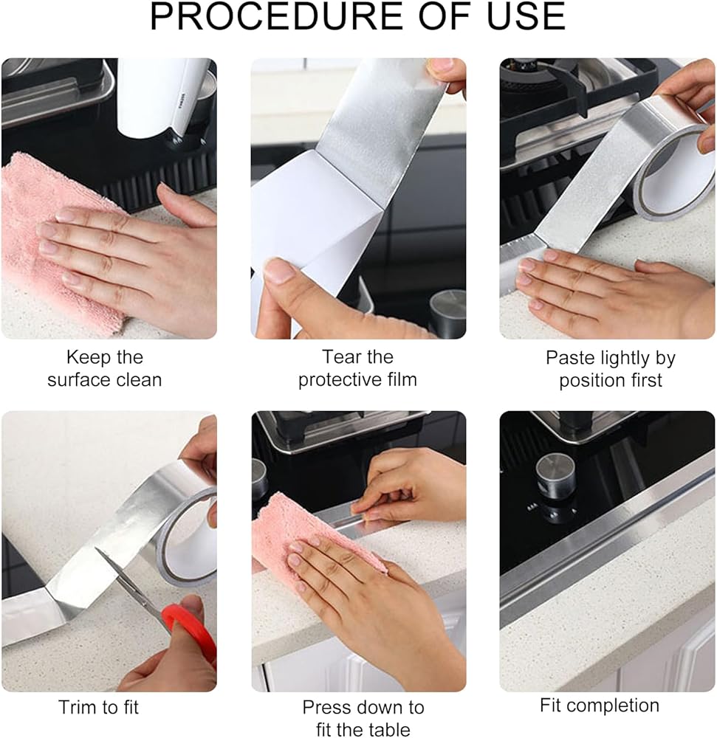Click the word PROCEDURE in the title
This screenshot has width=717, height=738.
pos(275,16)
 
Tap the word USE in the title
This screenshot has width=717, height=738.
pos(526,16)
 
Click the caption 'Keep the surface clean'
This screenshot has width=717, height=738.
pos(105,368)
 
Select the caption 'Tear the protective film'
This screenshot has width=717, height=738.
pos(358,368)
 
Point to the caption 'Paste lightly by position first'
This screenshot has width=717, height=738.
pos(611,369)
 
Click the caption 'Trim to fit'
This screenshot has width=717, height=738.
pos(99,708)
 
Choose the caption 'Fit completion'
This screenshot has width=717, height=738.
pos(600,706)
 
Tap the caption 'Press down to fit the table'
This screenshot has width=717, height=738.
pos(363,718)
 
